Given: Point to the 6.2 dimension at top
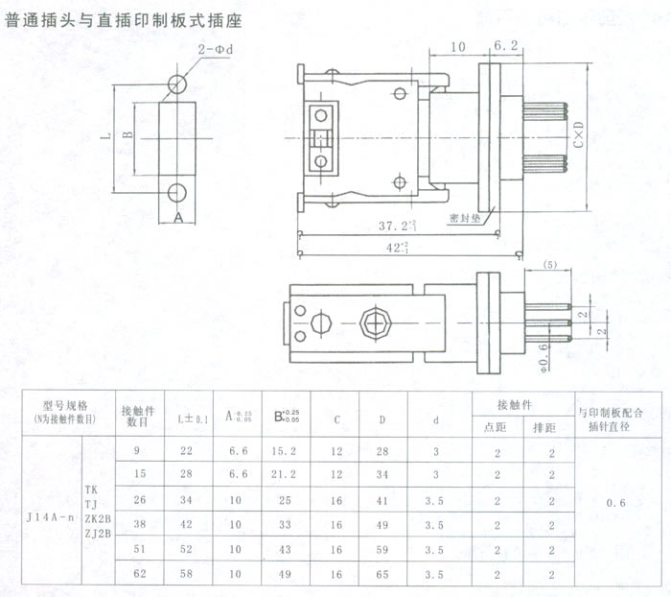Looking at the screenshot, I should [x=506, y=45].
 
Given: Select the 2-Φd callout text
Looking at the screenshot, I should [x=216, y=47].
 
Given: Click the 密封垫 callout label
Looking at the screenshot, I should [x=465, y=218].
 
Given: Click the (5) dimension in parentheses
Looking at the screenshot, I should [x=550, y=264].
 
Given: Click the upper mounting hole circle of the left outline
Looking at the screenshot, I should [x=176, y=84].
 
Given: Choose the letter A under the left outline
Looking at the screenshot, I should [x=178, y=218].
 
